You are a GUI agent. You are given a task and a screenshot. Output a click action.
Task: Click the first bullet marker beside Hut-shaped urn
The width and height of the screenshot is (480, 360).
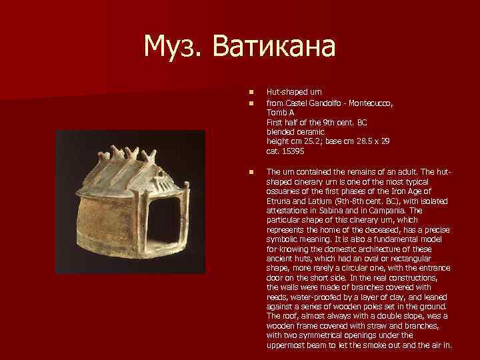click(251, 93)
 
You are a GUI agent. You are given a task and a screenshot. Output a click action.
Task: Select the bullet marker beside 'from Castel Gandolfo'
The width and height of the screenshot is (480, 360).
click(251, 103)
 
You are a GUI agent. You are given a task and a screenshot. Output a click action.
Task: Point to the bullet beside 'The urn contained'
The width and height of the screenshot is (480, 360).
click(251, 172)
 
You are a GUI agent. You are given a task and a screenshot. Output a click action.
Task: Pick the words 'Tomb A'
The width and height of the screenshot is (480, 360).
click(280, 113)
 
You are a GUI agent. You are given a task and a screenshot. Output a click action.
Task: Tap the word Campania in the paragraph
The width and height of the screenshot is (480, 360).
click(400, 210)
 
